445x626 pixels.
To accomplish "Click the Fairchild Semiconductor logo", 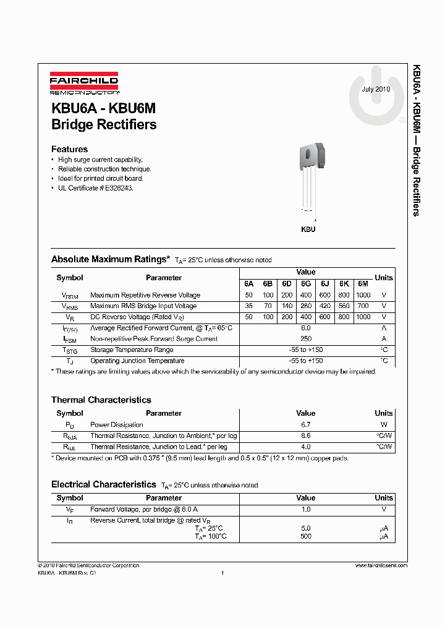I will click(84, 84).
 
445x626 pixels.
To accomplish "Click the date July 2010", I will click(376, 89).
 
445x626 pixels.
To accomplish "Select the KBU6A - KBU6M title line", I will click(103, 108).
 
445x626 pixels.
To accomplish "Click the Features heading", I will click(69, 149).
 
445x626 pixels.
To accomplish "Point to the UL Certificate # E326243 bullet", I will click(95, 187).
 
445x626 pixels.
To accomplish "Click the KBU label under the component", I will click(308, 229).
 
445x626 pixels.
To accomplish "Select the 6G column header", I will click(306, 284).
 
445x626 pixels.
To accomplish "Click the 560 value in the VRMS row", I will click(344, 306).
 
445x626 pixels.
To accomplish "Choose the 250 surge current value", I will click(305, 338).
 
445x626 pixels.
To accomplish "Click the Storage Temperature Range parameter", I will click(132, 349).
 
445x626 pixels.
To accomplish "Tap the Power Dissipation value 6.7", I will click(305, 425).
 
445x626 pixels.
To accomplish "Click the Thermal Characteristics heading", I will click(101, 400).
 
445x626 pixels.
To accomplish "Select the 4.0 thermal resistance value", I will click(305, 447).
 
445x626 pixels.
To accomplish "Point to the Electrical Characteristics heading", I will click(103, 484).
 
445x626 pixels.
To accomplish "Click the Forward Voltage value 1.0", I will click(305, 509).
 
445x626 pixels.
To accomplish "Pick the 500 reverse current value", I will click(305, 536).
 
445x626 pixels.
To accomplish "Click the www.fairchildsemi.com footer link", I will click(381, 565).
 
